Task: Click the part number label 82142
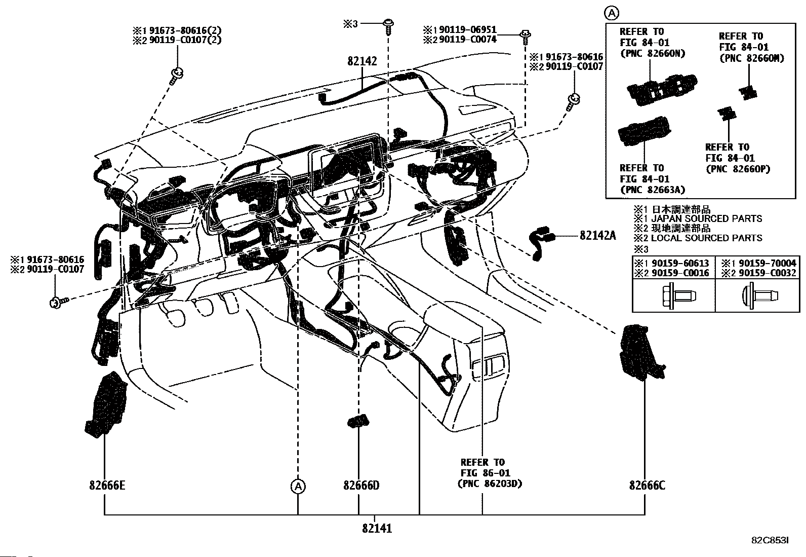point(362,61)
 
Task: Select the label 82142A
point(597,236)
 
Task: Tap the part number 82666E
point(107,486)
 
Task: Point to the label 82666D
point(361,486)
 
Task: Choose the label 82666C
point(647,486)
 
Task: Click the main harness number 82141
point(377,528)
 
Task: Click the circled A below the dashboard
point(298,487)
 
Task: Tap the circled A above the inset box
point(612,13)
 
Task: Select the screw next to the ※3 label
point(388,27)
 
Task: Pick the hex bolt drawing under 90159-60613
point(678,296)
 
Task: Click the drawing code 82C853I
point(770,540)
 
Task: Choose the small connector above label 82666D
point(358,421)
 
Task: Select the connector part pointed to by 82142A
point(541,241)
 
